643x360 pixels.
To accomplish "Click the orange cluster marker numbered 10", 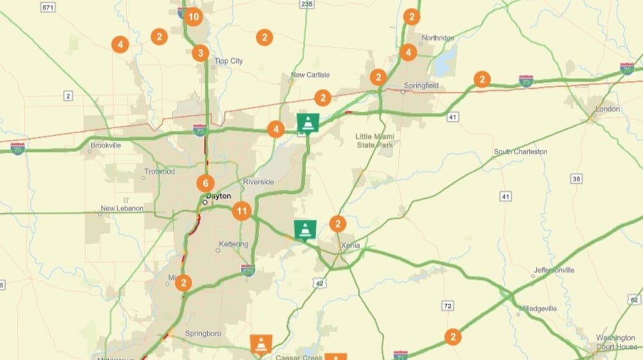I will pos(194,17).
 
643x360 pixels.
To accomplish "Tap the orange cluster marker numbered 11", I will pos(242,211).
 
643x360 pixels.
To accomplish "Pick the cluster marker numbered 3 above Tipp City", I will pos(200,53).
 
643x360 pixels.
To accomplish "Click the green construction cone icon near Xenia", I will pos(305,230).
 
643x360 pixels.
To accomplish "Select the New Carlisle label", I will pos(310,75).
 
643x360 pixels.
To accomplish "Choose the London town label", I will pos(607,109).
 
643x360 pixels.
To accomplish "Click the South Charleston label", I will pos(520,152).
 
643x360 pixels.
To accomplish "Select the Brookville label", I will pos(105,145).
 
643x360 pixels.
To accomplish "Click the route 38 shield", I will pos(575,179).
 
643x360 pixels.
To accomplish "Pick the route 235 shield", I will pos(307,4).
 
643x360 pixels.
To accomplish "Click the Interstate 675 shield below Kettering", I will pos(249,270).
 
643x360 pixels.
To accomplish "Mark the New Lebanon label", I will pos(122,209).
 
